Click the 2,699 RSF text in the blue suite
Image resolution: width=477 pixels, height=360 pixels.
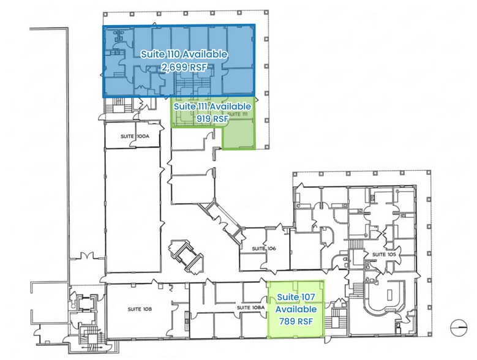pos(184,67)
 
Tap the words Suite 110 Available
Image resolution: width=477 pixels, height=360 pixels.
pos(184,54)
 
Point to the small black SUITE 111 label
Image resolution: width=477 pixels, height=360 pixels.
pos(238,114)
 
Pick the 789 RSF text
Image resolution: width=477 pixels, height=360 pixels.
pos(295,319)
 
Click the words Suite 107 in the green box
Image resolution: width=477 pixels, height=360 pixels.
pos(295,297)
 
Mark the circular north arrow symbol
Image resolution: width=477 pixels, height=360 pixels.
pos(457,328)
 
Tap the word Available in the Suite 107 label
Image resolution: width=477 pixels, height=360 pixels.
pos(295,308)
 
